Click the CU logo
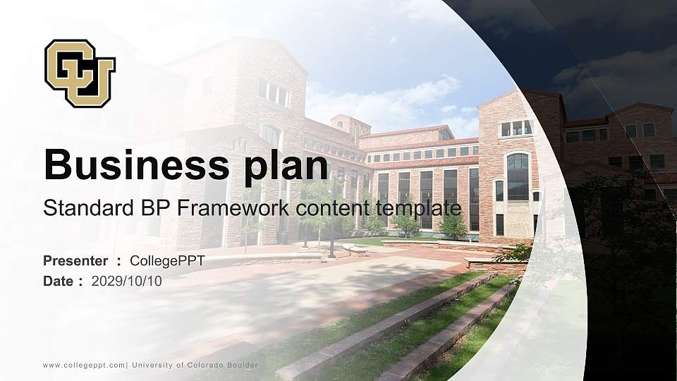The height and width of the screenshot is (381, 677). click(x=80, y=73)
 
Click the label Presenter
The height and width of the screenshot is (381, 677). click(x=75, y=261)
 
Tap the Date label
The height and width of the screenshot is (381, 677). click(x=59, y=281)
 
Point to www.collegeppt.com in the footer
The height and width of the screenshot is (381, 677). click(x=84, y=365)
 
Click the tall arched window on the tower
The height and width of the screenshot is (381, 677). click(x=517, y=176)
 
